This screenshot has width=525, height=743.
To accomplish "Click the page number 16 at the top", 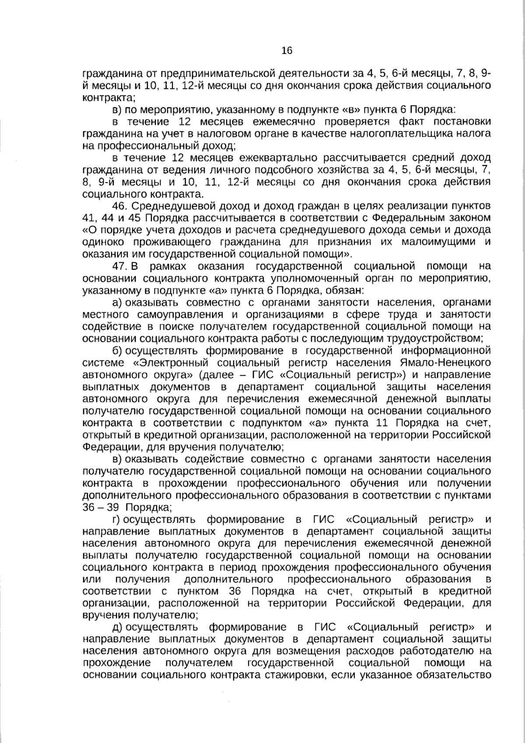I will pos(287,50).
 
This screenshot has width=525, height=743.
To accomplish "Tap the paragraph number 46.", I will pos(119,206).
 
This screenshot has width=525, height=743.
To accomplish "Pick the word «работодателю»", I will pos(429,651).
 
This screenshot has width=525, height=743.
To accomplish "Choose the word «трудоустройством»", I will pos(440,338).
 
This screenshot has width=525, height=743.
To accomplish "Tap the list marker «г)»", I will pos(116,519).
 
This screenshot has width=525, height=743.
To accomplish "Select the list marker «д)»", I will pos(117,627).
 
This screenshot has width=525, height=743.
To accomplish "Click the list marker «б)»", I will pos(116,351).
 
